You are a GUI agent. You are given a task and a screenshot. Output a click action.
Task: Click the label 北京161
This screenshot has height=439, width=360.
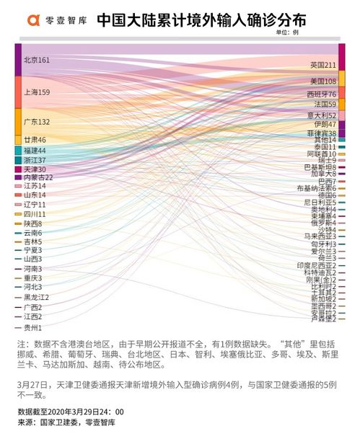pos(36,60)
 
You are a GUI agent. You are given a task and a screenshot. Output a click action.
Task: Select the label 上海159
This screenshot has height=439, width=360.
pos(36,92)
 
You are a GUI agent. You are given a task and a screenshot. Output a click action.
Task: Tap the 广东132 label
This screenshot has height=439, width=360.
pos(36,122)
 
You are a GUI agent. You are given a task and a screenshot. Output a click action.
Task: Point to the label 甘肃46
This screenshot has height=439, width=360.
pos(34,139)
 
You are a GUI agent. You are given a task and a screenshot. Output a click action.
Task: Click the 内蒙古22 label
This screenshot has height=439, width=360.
pos(38,177)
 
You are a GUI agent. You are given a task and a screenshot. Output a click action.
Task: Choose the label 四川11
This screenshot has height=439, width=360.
pos(34,214)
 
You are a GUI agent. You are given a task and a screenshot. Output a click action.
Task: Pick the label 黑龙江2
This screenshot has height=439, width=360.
pos(36,297)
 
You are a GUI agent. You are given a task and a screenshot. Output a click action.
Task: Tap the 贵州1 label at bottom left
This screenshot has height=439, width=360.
pos(32,327)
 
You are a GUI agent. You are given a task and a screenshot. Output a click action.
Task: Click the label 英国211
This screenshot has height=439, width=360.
pos(323,65)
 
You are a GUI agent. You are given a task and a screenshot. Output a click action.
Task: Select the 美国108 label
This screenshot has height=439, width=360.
pos(323,81)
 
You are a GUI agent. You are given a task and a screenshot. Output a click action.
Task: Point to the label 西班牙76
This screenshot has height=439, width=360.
pos(321,94)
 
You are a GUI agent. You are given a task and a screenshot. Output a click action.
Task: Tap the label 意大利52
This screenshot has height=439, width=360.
pos(322,115)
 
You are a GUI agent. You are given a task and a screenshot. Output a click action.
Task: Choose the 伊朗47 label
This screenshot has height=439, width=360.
pos(325,125)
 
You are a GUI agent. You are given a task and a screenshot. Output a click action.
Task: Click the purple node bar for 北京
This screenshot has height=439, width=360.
pos(17,59)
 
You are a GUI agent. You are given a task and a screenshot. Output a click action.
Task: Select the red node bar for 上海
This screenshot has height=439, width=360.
pos(17,92)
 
